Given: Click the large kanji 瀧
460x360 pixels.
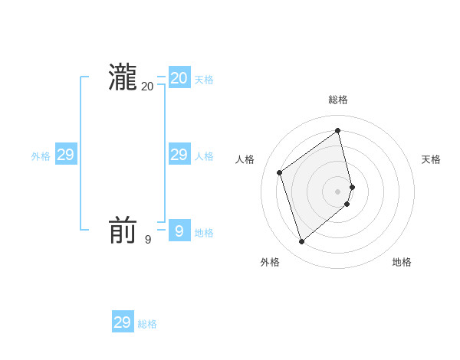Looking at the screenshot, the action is pyautogui.click(x=123, y=77).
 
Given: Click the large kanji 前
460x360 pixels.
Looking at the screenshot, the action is pyautogui.click(x=123, y=231).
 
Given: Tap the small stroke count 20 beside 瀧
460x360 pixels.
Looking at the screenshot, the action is pyautogui.click(x=147, y=87).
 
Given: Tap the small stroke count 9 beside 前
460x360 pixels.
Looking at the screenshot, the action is pyautogui.click(x=148, y=240).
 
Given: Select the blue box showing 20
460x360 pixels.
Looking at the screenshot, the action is pyautogui.click(x=179, y=78).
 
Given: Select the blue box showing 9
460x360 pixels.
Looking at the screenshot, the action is pyautogui.click(x=179, y=231).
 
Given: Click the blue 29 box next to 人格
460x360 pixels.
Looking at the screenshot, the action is pyautogui.click(x=179, y=155).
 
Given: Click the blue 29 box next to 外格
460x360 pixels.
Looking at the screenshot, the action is pyautogui.click(x=66, y=155).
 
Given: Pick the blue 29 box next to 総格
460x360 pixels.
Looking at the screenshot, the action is pyautogui.click(x=123, y=322).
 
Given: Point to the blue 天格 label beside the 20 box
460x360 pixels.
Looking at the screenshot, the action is pyautogui.click(x=204, y=80).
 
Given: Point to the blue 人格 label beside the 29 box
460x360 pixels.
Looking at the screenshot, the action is pyautogui.click(x=204, y=156).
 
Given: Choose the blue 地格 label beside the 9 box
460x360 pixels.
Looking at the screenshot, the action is pyautogui.click(x=204, y=233).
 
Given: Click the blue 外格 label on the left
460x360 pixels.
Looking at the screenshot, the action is pyautogui.click(x=41, y=156).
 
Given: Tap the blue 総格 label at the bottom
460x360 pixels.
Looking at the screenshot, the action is pyautogui.click(x=147, y=324).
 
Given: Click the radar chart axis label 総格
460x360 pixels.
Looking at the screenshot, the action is pyautogui.click(x=338, y=100).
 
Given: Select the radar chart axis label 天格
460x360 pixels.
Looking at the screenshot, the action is pyautogui.click(x=432, y=159).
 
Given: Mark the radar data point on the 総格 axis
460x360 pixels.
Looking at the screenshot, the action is pyautogui.click(x=338, y=130).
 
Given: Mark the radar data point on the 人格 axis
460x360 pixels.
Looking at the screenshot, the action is pyautogui.click(x=280, y=172).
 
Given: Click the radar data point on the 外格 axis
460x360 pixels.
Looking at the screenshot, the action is pyautogui.click(x=302, y=242).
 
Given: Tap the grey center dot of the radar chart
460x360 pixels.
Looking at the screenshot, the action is pyautogui.click(x=338, y=191).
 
